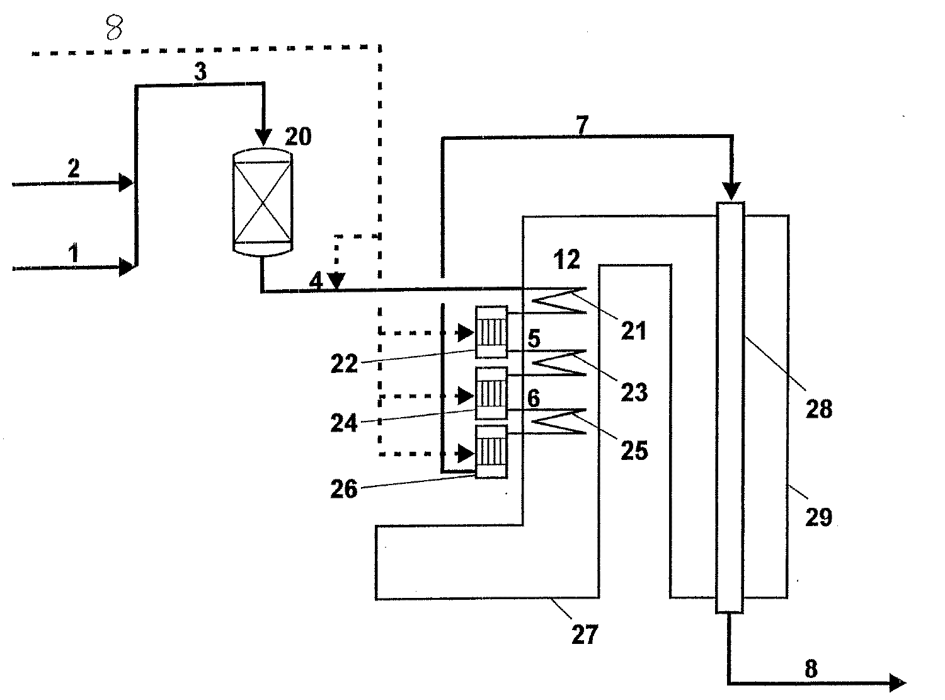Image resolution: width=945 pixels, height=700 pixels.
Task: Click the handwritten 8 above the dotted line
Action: click(114, 28)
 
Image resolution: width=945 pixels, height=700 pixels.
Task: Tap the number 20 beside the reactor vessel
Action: click(298, 137)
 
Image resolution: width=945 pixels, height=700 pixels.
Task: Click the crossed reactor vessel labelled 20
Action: click(263, 202)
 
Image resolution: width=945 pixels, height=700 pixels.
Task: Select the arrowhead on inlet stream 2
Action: click(125, 183)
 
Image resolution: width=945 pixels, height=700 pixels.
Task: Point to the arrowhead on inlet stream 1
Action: click(126, 267)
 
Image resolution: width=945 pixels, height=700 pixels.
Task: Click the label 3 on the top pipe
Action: click(200, 72)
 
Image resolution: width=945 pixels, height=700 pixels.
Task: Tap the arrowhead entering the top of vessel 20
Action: click(264, 137)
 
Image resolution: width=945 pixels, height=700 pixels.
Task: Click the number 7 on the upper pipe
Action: click(582, 125)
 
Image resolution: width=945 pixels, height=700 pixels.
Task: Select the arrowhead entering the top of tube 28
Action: click(731, 191)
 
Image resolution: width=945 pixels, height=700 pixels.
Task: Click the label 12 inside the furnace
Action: click(566, 259)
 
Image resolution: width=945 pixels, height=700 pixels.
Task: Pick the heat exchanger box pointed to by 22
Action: click(491, 332)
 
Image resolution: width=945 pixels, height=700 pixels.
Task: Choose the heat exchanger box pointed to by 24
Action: click(491, 393)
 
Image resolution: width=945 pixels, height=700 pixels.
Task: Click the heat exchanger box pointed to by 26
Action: click(491, 452)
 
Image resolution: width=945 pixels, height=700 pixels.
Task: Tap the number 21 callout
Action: click(634, 331)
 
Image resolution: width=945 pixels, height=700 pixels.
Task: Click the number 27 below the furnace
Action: click(585, 634)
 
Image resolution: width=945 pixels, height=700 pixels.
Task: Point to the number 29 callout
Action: click(818, 517)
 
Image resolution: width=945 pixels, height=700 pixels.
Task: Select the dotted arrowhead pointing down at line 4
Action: click(337, 281)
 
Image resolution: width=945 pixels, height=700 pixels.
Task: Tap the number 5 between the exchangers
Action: click(534, 339)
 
